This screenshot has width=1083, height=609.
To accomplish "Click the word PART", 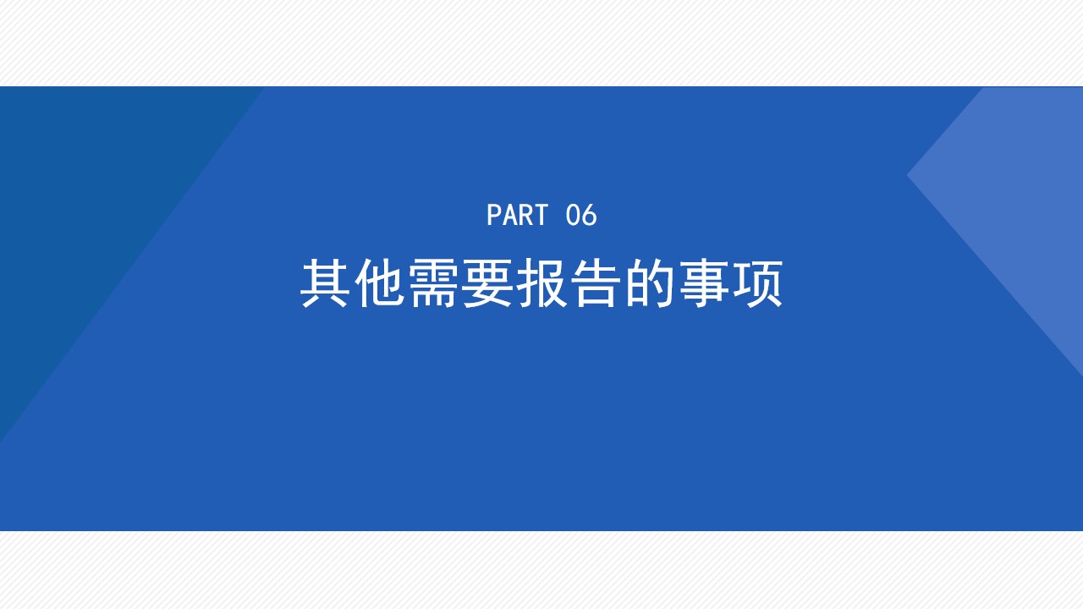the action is pos(517,215).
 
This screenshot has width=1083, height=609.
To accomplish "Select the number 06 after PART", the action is pos(581,215).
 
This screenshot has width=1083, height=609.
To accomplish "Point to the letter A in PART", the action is pos(509,215).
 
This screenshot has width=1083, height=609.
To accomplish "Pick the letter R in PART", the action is pos(525,215).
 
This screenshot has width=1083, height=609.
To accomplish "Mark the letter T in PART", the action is pos(541,215).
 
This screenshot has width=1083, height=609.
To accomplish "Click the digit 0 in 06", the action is pos(573,215).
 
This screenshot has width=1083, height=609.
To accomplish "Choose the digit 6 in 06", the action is pos(590,215).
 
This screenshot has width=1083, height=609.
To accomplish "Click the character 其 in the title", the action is pos(324,283).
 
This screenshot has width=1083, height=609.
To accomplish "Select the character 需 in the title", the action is pos(433,283).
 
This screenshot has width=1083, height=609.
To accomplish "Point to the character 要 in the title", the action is pos(487,283).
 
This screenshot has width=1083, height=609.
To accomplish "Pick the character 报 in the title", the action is pos(541,283).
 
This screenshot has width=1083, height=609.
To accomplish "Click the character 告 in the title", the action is pos(596,283).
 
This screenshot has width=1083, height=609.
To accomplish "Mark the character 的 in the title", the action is pos(650,283).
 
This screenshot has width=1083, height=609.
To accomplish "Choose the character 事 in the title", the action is pos(704,283).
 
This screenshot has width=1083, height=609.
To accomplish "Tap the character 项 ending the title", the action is pos(758,283).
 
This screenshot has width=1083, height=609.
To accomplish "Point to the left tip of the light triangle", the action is pos(908,175).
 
